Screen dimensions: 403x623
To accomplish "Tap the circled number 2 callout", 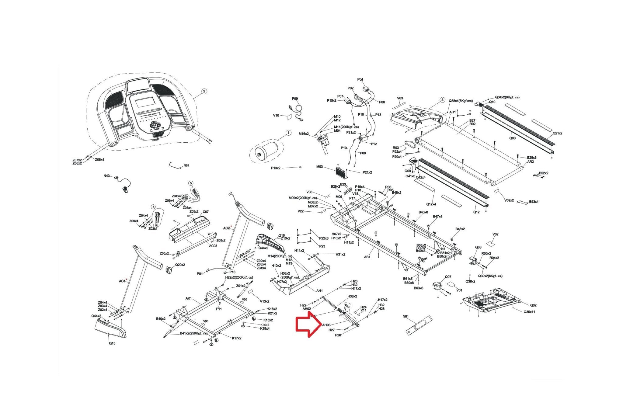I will [204, 91].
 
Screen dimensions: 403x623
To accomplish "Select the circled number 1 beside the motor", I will [288, 133].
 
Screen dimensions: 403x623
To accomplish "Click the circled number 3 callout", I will [442, 100].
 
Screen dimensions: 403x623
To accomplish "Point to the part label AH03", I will [326, 325].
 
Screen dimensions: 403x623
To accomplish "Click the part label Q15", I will [112, 343].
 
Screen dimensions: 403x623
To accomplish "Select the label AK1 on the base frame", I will [189, 298].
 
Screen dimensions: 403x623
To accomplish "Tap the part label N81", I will [405, 316].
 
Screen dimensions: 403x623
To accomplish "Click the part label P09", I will [295, 99].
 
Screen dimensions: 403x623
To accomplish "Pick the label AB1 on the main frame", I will [367, 257].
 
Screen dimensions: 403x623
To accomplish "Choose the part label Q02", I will [533, 305].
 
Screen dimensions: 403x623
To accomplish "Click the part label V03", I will [400, 98].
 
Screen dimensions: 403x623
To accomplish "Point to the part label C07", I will [206, 212].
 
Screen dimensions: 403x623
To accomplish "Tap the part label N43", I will [106, 176].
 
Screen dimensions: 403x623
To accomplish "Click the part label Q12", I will [476, 212].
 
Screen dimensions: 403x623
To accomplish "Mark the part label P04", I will [360, 79].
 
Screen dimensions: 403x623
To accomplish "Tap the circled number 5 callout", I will [191, 183].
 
